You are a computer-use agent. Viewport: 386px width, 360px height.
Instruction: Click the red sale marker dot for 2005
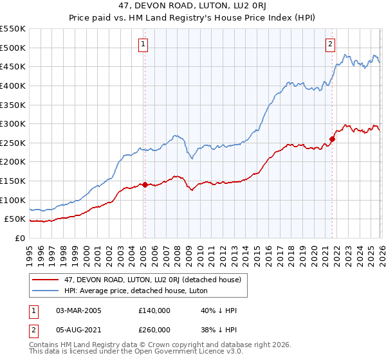click(145, 184)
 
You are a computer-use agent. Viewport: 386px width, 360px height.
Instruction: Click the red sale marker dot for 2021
click(333, 139)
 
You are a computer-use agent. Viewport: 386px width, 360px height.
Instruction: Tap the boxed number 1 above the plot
click(142, 44)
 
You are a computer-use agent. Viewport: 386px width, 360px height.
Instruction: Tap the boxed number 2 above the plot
click(330, 44)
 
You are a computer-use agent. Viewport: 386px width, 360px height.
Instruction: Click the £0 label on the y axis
click(19, 238)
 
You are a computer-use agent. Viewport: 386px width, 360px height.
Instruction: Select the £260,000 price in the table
click(154, 330)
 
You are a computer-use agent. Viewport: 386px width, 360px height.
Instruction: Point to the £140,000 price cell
click(154, 310)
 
